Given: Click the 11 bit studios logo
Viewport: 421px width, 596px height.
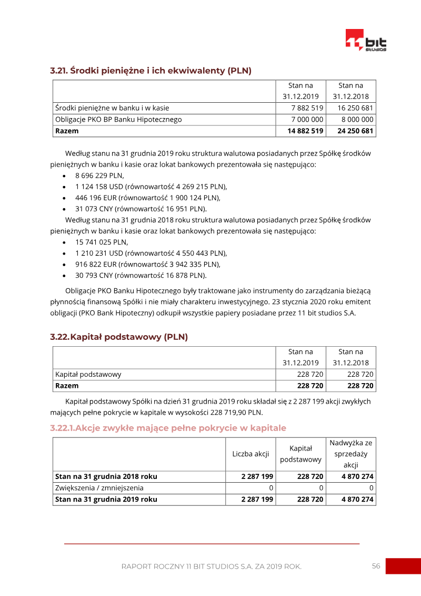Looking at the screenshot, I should click(x=366, y=40).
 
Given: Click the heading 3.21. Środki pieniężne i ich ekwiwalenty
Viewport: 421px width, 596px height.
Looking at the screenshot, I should click(x=151, y=70).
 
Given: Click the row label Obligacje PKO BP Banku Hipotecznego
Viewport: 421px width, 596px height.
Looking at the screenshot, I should click(x=118, y=120).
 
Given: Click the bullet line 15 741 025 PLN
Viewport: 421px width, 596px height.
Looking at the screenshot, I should click(x=102, y=242).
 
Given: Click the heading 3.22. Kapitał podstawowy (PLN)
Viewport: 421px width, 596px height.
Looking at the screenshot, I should click(x=119, y=337).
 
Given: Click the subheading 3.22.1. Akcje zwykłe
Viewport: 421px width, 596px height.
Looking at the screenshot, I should click(x=168, y=428).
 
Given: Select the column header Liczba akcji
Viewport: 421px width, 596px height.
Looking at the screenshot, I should click(x=250, y=454).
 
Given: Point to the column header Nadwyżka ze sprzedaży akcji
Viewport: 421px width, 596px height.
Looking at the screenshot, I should click(x=350, y=454).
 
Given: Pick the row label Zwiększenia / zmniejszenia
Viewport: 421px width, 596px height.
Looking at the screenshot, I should click(x=99, y=488).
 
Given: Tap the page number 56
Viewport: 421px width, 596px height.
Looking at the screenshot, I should click(x=376, y=566).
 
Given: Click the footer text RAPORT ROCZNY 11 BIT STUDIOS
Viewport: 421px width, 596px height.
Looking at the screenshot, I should click(x=211, y=566).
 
